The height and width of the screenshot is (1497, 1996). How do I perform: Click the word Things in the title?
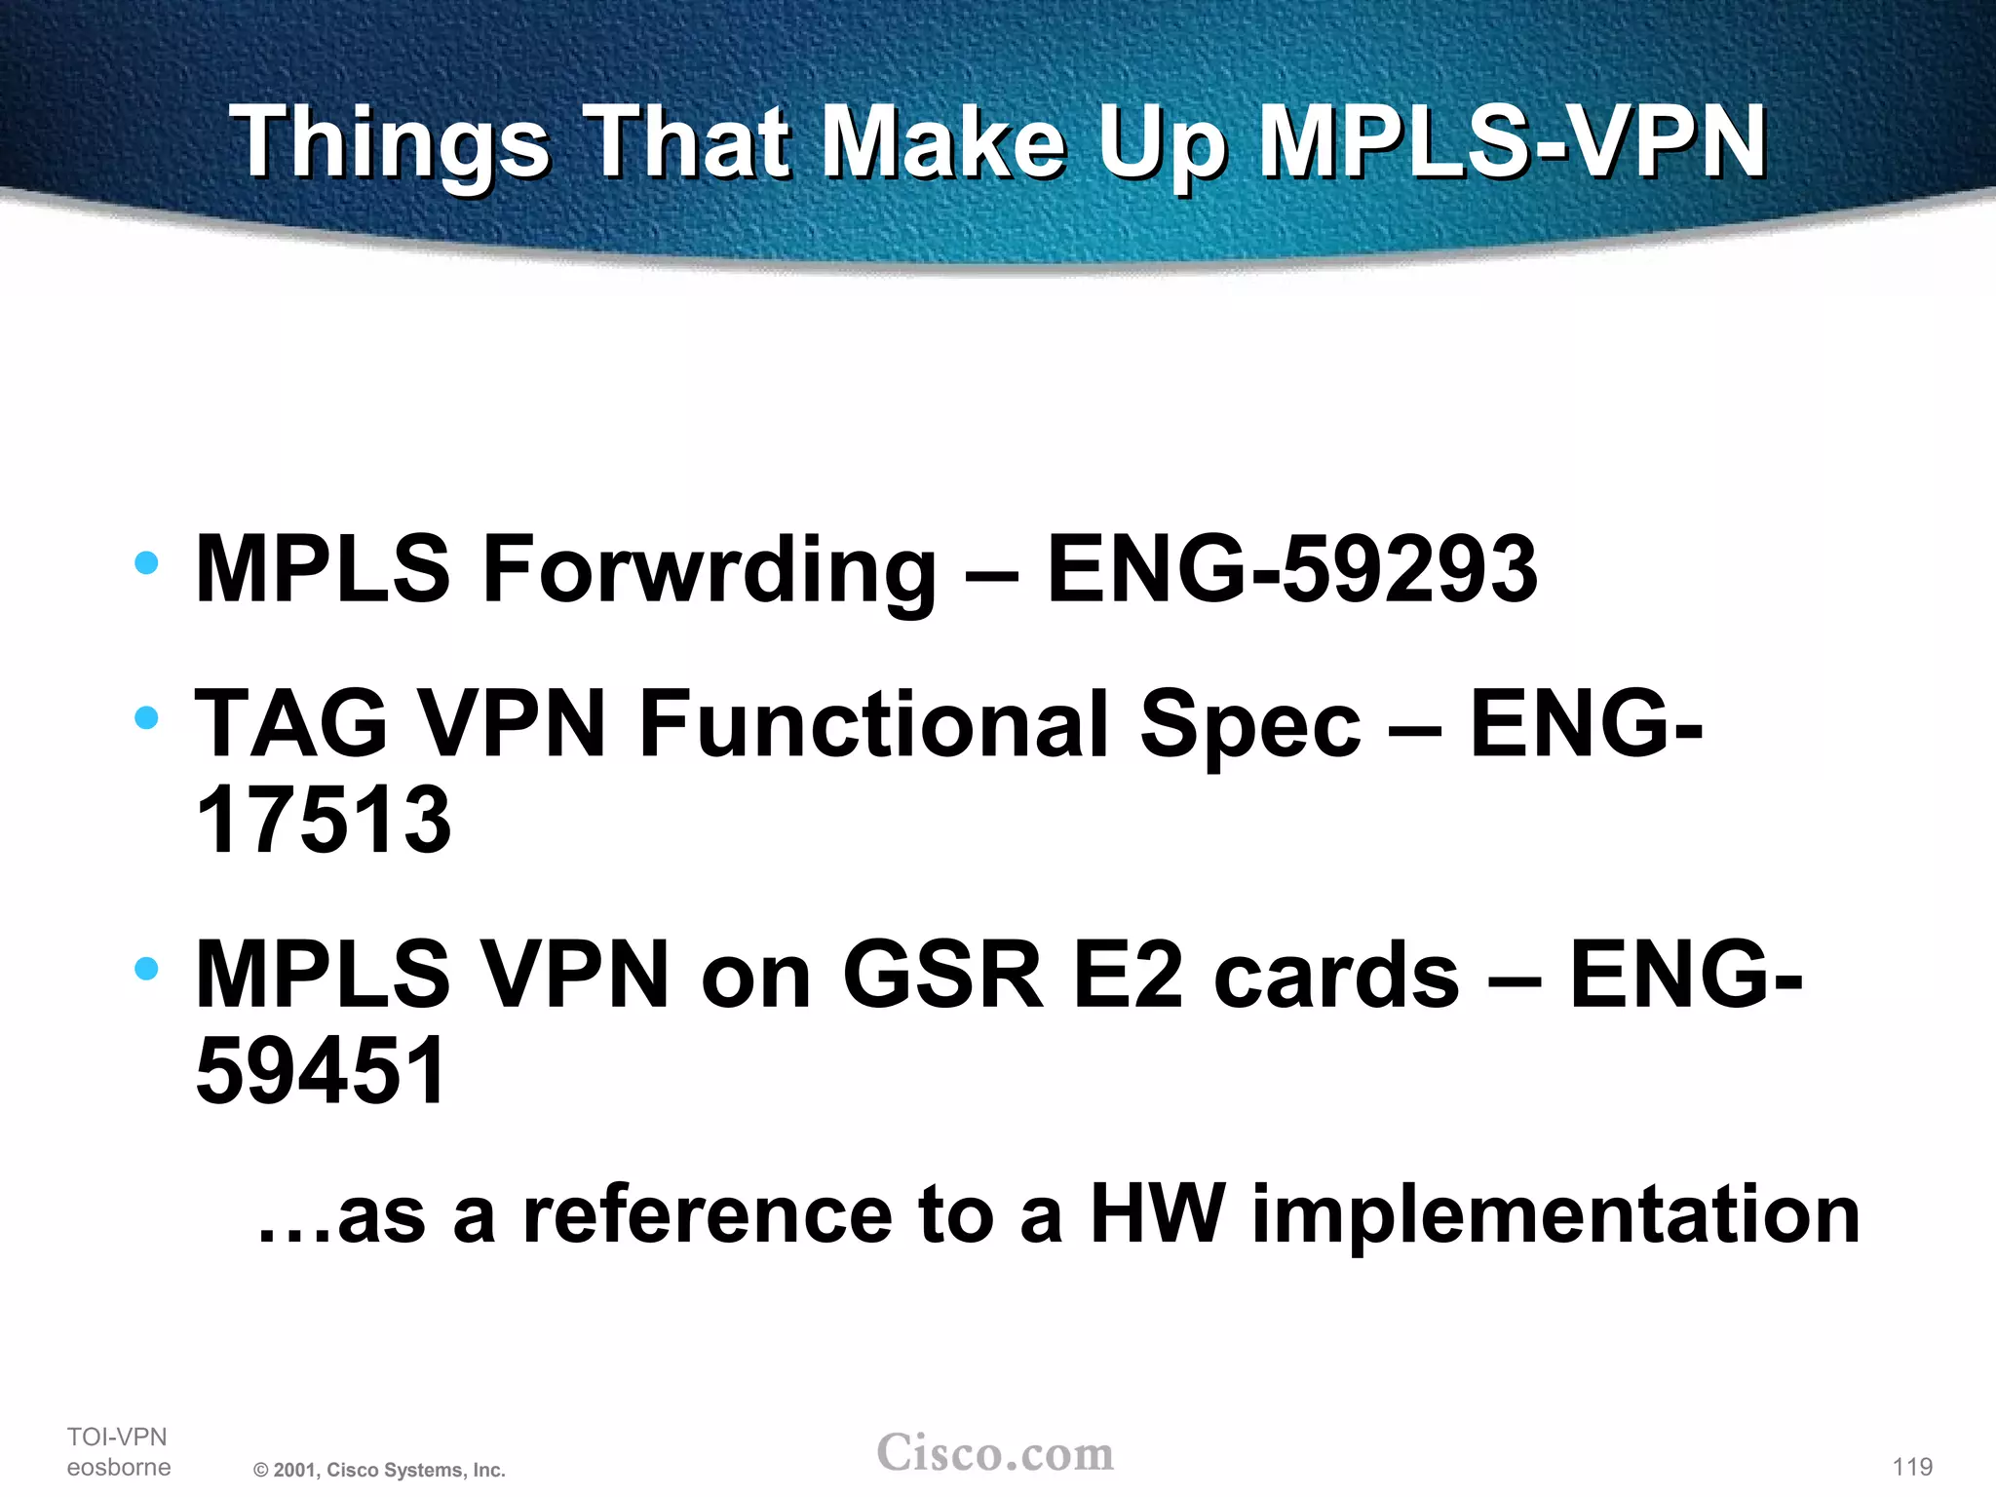tap(390, 144)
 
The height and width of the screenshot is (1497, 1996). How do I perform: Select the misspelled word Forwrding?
tap(710, 569)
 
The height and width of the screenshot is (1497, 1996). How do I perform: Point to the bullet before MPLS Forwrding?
tap(147, 563)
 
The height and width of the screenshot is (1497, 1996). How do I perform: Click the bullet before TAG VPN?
tap(147, 718)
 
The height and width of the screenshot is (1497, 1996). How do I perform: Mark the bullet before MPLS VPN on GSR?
tap(147, 969)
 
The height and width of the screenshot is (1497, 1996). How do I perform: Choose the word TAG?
tap(291, 724)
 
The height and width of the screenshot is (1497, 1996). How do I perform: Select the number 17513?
tap(324, 820)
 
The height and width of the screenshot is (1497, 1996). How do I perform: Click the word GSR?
tap(941, 975)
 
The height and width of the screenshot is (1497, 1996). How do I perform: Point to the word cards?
tap(1336, 975)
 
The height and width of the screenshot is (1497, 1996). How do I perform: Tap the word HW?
tap(1156, 1214)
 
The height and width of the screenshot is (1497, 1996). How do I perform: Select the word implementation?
tap(1556, 1216)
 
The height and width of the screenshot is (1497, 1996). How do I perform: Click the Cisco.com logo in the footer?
tap(995, 1453)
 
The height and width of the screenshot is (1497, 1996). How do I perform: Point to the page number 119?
tap(1912, 1467)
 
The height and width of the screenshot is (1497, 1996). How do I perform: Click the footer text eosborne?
tap(119, 1467)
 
